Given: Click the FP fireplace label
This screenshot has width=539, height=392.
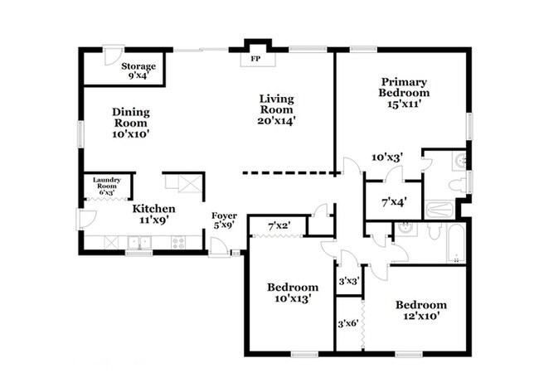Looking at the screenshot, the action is click(255, 59).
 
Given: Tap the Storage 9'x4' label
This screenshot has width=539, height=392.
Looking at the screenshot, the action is click(138, 70).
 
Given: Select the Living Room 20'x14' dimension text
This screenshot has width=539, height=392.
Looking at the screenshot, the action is click(277, 121).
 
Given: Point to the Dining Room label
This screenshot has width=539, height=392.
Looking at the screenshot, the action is click(131, 118).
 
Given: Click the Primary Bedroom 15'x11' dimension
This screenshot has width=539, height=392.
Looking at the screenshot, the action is click(404, 104).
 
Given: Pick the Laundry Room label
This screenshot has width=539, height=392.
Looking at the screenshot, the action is click(107, 183).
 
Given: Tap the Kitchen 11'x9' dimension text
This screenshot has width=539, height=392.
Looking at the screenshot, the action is click(153, 220).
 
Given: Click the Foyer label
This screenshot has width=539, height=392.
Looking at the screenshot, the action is click(224, 215).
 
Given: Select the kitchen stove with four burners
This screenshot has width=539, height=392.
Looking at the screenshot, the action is click(178, 243).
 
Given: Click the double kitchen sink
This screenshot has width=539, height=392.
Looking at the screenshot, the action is click(139, 243).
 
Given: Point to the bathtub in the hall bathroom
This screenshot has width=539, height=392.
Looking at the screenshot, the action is click(456, 244).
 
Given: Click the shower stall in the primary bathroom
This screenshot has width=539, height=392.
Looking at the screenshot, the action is click(439, 209).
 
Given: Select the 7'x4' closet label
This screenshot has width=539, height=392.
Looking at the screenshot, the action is click(394, 202).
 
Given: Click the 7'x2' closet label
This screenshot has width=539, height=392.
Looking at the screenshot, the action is click(279, 226).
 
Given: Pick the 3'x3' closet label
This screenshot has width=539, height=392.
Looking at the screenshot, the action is click(349, 282).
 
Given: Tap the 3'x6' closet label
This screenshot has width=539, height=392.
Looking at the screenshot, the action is click(348, 323).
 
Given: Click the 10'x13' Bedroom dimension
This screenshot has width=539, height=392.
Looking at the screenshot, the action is click(293, 298).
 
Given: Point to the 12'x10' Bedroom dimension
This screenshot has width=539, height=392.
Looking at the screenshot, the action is click(421, 316).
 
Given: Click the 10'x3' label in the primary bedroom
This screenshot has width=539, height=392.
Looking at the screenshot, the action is click(387, 157).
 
